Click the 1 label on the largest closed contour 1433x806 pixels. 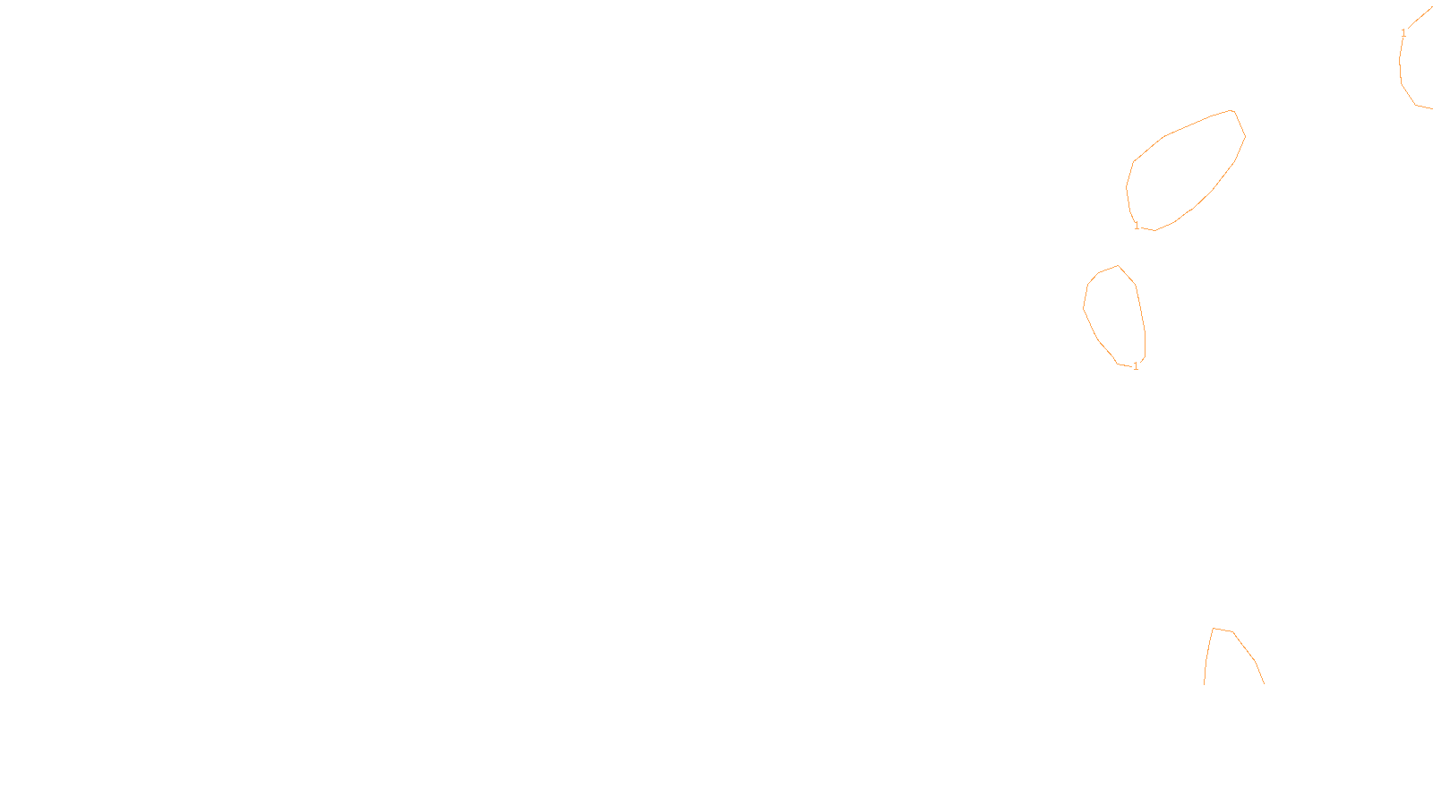point(1137,226)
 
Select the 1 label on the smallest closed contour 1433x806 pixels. point(1136,366)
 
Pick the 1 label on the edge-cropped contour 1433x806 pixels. point(1403,33)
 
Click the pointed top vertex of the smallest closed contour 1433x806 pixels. point(1119,265)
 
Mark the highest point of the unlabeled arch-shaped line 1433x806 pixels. point(1214,628)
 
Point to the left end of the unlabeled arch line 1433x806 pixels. point(1205,683)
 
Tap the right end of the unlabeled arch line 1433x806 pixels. point(1264,683)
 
